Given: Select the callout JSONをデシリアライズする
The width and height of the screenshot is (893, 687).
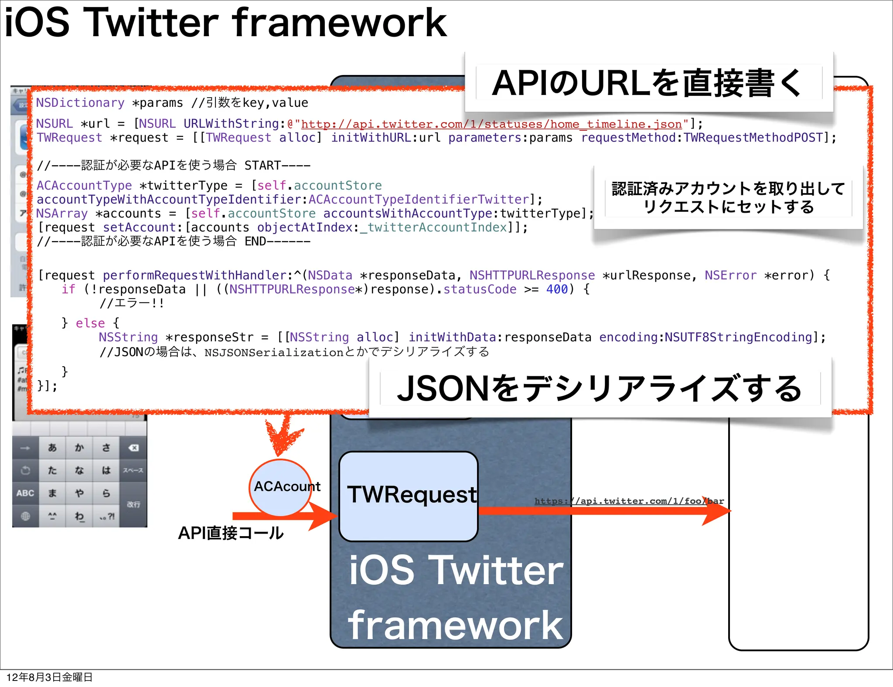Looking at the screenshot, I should [x=600, y=388].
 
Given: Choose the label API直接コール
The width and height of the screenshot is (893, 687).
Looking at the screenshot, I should [x=231, y=533].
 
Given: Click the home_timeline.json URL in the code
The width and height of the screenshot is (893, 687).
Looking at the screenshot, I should [x=491, y=124].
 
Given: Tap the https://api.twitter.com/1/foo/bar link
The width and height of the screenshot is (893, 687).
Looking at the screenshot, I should [x=629, y=501].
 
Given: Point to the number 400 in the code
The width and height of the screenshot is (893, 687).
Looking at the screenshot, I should [x=557, y=289].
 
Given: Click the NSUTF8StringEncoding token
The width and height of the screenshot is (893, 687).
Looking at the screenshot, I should [x=738, y=337].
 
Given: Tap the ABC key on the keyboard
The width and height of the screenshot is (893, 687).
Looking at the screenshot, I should [x=25, y=493].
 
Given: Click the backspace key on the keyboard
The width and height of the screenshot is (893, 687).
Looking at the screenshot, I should [x=133, y=448].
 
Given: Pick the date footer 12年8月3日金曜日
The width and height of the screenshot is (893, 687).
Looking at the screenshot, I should [x=49, y=677].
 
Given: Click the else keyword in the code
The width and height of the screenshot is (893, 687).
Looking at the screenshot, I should [x=90, y=323].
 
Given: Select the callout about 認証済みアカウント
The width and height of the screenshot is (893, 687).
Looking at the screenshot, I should [x=728, y=197].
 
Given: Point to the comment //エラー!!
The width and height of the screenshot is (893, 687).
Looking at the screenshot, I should [x=132, y=303].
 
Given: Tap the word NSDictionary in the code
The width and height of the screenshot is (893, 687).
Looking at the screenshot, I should [x=80, y=103].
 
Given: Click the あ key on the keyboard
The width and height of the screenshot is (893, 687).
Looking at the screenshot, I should [x=52, y=448].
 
